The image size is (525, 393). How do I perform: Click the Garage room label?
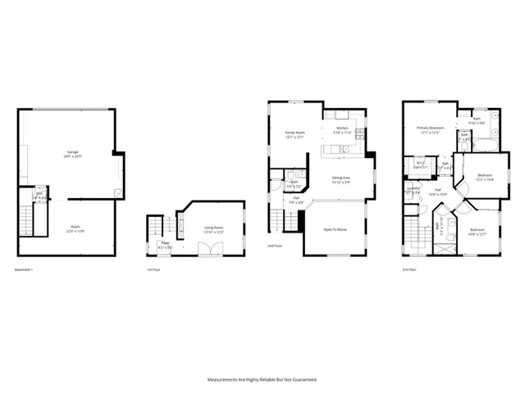coord(73,152)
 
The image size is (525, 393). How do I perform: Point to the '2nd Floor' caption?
coord(274,246)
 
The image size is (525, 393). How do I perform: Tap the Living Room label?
coord(213,228)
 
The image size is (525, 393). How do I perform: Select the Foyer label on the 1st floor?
coord(165,243)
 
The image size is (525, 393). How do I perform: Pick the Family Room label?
coord(294,133)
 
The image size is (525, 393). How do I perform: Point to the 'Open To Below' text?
coord(335,228)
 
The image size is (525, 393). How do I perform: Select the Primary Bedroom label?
coord(430,129)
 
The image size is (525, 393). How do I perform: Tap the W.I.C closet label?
coord(419,164)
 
